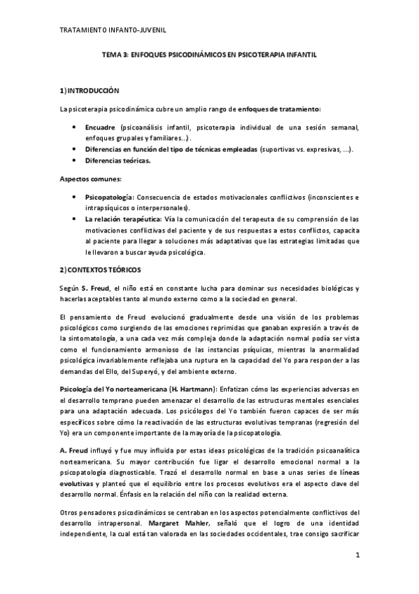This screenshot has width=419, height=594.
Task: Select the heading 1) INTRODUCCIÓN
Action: click(x=90, y=92)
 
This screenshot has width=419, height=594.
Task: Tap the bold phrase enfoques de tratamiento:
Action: click(x=280, y=110)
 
